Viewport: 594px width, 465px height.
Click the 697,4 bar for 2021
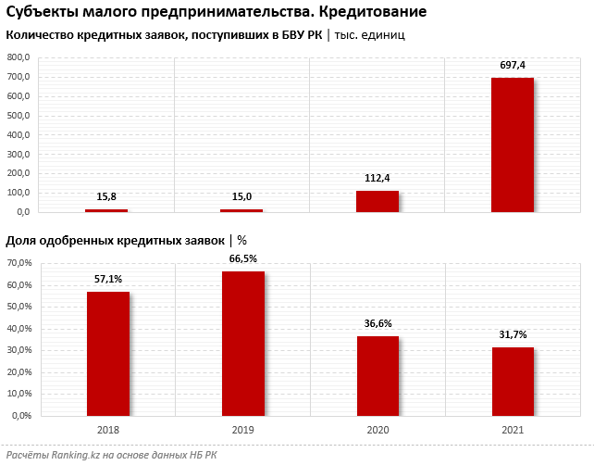pos(512,145)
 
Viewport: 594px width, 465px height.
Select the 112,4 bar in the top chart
pos(377,202)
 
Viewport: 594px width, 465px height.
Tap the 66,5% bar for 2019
pos(242,343)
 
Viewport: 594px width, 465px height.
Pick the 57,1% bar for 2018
pos(107,353)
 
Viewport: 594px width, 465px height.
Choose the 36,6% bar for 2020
pos(377,375)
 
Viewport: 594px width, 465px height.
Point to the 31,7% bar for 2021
pos(513,381)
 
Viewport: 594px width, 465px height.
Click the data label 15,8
pos(106,195)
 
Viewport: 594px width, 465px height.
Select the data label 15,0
pos(241,195)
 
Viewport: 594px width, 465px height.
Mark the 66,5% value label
pos(242,258)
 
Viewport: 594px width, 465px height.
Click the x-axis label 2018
pos(107,430)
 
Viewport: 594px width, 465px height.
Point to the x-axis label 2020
pos(377,430)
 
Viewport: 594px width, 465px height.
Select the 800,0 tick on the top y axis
pos(19,57)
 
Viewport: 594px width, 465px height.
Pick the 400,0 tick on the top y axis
pos(19,135)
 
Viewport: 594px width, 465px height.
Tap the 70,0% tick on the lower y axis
pos(19,263)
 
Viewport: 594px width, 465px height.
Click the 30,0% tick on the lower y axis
pos(19,350)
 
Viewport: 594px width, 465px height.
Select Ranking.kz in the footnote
pos(69,455)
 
